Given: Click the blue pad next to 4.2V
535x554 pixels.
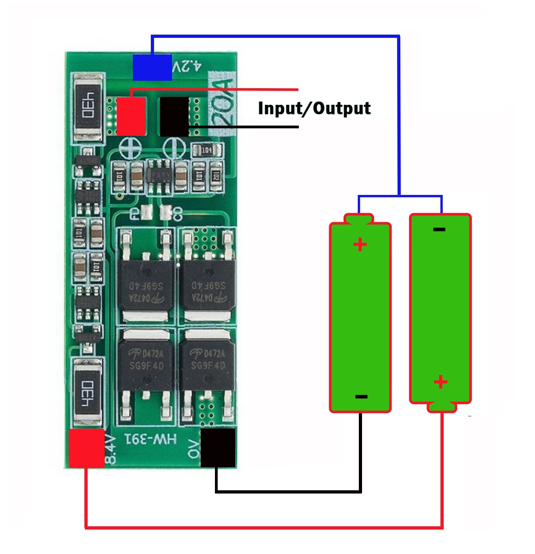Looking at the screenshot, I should point(152,67).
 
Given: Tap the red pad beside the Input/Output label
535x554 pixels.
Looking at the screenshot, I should point(131,116).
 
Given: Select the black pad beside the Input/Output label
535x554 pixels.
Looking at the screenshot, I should point(174,116).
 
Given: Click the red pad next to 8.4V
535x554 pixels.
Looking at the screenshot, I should point(86,448).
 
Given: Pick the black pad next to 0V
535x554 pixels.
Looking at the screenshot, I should point(218,447).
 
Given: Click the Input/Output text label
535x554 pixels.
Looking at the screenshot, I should point(314,108).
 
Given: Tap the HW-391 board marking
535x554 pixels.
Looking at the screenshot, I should point(150,439).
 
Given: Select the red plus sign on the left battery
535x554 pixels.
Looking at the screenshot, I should point(360,244).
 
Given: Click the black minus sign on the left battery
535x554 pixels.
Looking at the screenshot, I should point(361,396).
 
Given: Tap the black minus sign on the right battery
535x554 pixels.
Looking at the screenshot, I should point(440,229).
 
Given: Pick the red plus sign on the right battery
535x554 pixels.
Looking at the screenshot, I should point(440,382).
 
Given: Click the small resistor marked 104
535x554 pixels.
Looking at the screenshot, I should point(206,150).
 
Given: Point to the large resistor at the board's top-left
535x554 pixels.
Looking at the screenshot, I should point(88,106).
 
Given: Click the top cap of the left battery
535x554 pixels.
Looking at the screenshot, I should point(359,218).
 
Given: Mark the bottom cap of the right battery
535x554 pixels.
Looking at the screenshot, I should point(441,406).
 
